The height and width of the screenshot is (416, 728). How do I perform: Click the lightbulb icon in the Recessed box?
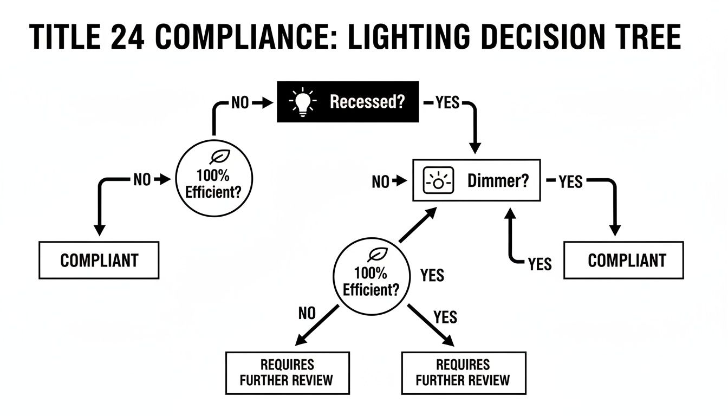[303, 102]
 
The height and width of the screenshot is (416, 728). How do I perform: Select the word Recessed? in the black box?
[367, 102]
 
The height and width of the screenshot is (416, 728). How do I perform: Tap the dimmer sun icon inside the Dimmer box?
[436, 181]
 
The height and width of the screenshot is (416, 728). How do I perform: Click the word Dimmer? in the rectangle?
[497, 181]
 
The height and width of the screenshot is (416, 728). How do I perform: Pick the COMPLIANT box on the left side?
[99, 260]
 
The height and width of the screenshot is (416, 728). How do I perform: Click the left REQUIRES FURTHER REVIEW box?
[287, 372]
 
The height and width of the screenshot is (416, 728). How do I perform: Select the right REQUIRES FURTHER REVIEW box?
[463, 372]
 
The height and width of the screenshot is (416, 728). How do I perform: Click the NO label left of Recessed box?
[239, 103]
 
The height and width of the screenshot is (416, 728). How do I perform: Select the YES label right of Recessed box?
[447, 103]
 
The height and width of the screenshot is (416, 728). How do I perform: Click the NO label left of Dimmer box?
[380, 183]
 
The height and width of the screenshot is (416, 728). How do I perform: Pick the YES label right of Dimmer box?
[570, 182]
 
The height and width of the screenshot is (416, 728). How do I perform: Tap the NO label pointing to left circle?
[142, 180]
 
